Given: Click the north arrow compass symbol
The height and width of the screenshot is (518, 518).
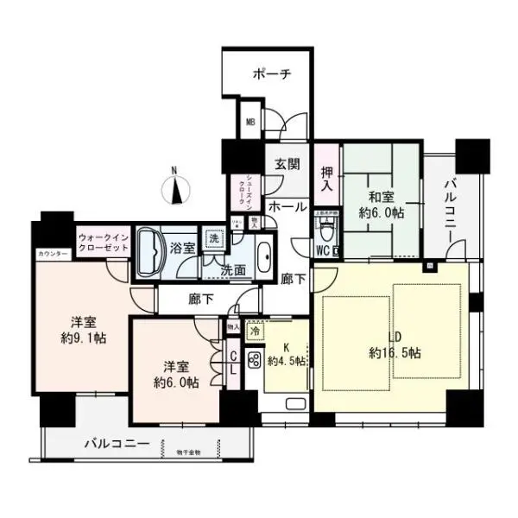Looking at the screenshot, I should tap(175, 187).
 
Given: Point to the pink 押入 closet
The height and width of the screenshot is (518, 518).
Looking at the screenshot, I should tap(326, 179).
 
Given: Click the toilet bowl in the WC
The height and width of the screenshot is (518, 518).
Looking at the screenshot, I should tap(327, 232).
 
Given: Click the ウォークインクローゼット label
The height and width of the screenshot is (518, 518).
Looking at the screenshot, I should tap(103, 242).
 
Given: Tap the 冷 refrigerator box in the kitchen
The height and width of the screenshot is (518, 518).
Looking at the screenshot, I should tap(255, 329).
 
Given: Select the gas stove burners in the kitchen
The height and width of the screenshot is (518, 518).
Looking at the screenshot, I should tap(255, 361).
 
